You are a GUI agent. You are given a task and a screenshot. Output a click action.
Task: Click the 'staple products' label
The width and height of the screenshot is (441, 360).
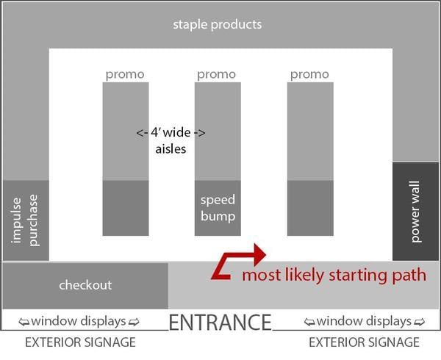217,24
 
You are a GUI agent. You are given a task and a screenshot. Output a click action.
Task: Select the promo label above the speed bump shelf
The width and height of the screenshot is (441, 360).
217,74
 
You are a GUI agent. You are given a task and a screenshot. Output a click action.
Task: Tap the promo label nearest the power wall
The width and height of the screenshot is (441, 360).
309,74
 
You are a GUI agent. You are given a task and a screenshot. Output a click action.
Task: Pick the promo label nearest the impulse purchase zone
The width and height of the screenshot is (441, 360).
125,74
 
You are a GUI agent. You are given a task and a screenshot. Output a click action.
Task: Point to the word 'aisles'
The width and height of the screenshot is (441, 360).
171,148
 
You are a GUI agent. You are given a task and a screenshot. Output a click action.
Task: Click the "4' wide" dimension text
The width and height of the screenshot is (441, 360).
171,133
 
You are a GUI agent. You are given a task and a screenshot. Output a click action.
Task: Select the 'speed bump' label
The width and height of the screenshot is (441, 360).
218,208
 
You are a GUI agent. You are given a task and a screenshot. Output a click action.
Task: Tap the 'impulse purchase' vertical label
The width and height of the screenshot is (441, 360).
25,220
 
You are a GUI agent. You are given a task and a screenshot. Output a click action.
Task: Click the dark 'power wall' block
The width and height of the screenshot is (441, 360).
416,212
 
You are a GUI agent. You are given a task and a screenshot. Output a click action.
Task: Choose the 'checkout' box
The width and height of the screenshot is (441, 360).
85,285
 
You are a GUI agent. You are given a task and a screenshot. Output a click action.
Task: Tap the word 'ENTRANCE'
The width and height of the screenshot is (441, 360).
220,322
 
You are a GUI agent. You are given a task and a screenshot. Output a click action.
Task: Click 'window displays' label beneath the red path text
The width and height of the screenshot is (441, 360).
365,321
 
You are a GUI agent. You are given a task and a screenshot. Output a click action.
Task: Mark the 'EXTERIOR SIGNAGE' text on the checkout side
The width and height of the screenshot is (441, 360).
80,342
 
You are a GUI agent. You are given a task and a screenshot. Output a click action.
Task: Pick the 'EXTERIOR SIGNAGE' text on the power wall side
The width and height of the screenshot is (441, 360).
365,342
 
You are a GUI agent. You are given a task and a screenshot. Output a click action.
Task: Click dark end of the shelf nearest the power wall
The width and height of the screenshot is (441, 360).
309,208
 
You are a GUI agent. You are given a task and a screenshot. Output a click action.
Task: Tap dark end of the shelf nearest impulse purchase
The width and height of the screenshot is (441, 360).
125,208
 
